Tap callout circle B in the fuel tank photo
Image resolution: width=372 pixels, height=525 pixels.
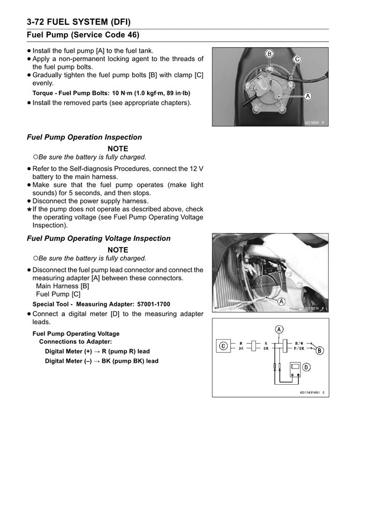click(x=269, y=53)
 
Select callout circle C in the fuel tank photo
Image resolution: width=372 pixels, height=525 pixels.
click(x=297, y=60)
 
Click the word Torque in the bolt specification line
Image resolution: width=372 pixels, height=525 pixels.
click(x=43, y=93)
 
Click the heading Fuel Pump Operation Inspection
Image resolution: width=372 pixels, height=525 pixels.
click(x=84, y=137)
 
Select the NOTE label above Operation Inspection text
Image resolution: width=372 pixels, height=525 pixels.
click(x=118, y=149)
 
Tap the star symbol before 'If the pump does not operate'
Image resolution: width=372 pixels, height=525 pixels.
click(x=28, y=209)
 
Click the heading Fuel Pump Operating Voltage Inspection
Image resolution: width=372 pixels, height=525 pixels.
click(x=98, y=238)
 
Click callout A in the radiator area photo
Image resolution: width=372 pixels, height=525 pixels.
click(x=282, y=301)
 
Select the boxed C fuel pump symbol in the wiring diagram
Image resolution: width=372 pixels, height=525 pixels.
click(x=224, y=346)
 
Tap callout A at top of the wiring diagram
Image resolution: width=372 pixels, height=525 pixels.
click(x=279, y=329)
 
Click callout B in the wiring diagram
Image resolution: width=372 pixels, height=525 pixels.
click(x=320, y=351)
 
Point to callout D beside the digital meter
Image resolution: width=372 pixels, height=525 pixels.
click(x=306, y=367)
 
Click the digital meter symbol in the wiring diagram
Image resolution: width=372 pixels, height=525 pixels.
click(x=295, y=368)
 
